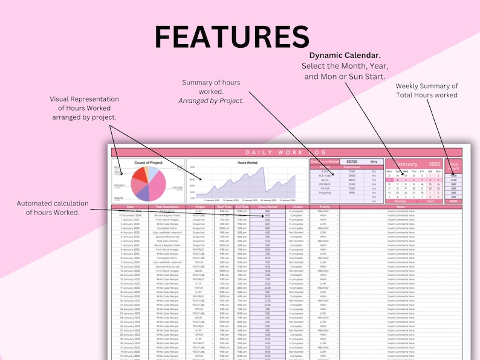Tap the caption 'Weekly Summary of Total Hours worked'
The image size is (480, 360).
427,91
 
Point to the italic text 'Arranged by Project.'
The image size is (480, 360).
211,101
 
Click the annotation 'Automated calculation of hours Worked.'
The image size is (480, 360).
53,207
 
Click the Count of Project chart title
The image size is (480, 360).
149,162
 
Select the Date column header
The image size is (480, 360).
129,207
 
